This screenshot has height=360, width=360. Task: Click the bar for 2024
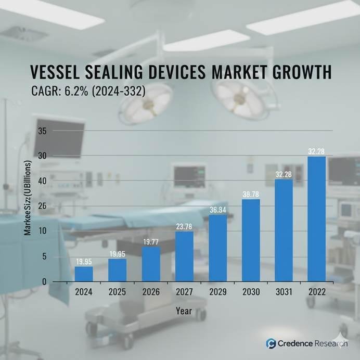click(83, 274)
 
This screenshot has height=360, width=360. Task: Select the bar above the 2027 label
click(184, 256)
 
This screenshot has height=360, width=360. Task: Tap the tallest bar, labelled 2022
click(316, 218)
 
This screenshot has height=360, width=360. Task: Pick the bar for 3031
click(284, 230)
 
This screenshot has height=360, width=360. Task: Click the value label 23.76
click(184, 226)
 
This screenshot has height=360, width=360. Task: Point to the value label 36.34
click(217, 210)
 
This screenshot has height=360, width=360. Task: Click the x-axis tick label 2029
click(217, 292)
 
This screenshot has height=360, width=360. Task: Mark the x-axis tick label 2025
click(117, 292)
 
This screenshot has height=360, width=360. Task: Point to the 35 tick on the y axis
click(42, 131)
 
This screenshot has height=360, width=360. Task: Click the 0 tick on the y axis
click(44, 281)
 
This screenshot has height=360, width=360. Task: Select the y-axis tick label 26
click(42, 206)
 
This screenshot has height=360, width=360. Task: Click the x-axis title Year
click(184, 311)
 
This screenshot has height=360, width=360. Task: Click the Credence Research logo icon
click(271, 343)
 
